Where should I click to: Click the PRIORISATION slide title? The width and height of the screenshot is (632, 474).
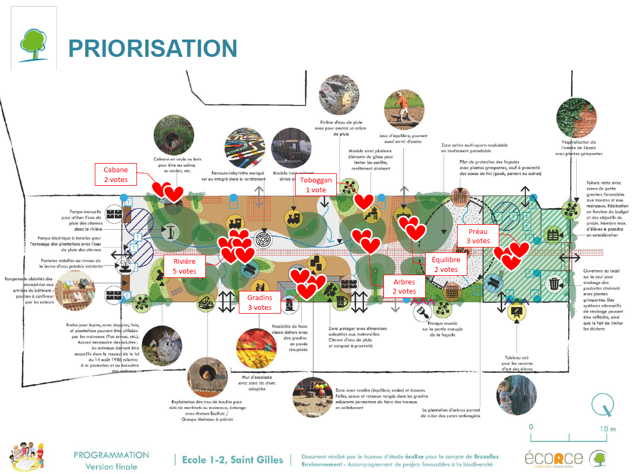153,48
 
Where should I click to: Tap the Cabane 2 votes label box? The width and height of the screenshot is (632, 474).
115,174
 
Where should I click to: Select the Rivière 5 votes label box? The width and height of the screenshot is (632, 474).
185,266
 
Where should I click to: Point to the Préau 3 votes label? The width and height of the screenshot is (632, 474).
478,236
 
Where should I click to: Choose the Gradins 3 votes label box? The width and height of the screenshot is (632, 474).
259,302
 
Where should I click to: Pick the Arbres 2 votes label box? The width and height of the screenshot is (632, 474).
404,287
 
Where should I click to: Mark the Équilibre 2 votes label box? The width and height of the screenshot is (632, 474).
446,264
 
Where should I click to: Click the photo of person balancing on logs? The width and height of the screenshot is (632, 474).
403,110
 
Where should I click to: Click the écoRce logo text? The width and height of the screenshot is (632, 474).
553,458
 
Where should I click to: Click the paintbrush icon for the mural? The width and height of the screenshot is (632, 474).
422,311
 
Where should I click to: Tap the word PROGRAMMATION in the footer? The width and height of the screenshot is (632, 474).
111,455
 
